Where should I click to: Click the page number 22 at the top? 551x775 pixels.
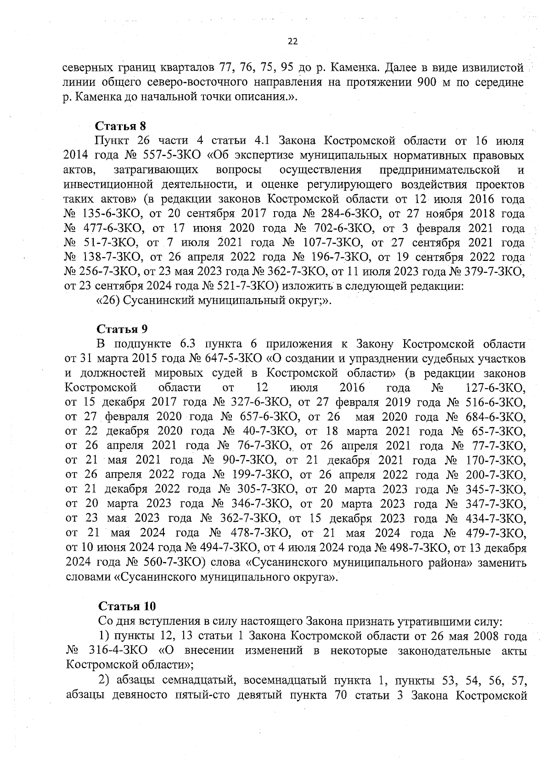click(292, 42)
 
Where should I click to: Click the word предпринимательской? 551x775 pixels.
click(439, 170)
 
